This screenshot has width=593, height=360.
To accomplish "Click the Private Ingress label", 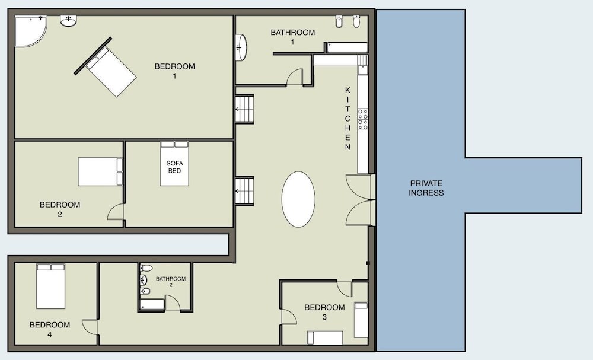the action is tap(426, 188).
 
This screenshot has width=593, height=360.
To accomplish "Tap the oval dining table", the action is tap(298, 199).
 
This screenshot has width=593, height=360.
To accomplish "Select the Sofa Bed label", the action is tap(174, 167).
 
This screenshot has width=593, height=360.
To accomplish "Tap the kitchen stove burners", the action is tap(363, 119).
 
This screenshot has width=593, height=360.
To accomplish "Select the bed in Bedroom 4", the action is tap(50, 286).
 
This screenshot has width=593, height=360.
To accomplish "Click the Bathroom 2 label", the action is tap(171, 281).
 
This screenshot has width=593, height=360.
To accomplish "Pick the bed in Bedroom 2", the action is tap(101, 171).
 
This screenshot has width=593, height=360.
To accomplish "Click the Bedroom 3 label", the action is tap(324, 312).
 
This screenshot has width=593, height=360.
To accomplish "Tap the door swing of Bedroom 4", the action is tap(90, 327).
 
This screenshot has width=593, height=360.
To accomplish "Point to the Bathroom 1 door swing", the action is tap(295, 77).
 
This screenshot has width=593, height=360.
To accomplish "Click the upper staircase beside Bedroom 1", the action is tap(244, 109).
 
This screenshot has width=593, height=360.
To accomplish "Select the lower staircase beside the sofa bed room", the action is tap(244, 191).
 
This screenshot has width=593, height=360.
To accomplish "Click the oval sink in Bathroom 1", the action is tap(241, 47).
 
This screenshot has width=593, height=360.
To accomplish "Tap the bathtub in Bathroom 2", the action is tap(152, 305).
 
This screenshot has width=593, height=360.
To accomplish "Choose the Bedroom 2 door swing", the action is tap(116, 212).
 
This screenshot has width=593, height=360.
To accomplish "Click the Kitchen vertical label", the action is tap(347, 119).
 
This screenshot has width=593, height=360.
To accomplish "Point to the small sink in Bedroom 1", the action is tap(68, 21).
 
